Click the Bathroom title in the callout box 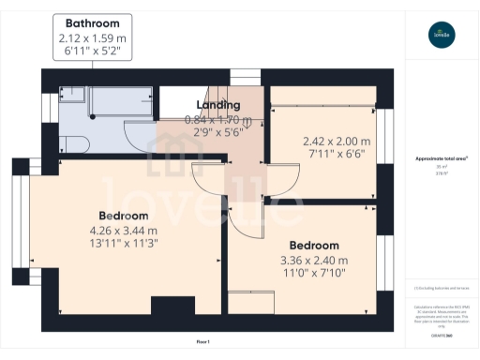(92, 22)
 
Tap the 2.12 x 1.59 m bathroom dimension (92, 38)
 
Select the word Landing (217, 105)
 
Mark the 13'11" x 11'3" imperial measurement (124, 246)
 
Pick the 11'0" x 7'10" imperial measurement (314, 275)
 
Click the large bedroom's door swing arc (208, 178)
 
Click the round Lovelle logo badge (441, 36)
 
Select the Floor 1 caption (203, 342)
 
